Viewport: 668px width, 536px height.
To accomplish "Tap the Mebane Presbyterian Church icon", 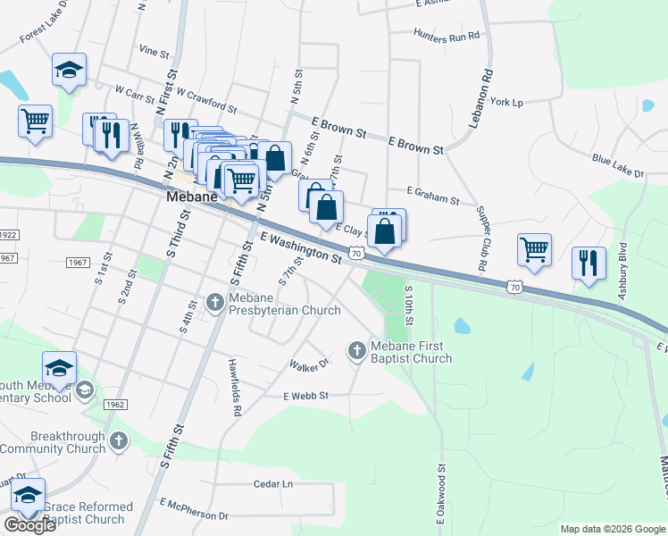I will click(214, 304).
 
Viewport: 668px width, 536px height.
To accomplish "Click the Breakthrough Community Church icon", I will click(119, 441).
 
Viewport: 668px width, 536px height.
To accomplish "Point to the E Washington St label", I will click(301, 247).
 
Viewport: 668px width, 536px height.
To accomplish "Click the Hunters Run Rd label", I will click(447, 36).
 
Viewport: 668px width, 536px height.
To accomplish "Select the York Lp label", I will click(506, 103).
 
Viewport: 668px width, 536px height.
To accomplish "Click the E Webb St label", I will click(306, 395).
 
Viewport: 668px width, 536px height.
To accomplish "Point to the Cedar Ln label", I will click(273, 483).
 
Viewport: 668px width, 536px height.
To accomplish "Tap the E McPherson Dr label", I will click(193, 515).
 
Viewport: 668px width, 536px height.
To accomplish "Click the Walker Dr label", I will click(309, 364).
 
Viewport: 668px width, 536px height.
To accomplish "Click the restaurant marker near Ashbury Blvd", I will click(589, 263).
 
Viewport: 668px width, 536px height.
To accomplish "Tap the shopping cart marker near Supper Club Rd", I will click(534, 249).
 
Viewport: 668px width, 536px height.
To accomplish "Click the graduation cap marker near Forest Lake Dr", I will click(68, 70).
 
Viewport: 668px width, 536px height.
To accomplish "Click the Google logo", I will click(29, 525).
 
